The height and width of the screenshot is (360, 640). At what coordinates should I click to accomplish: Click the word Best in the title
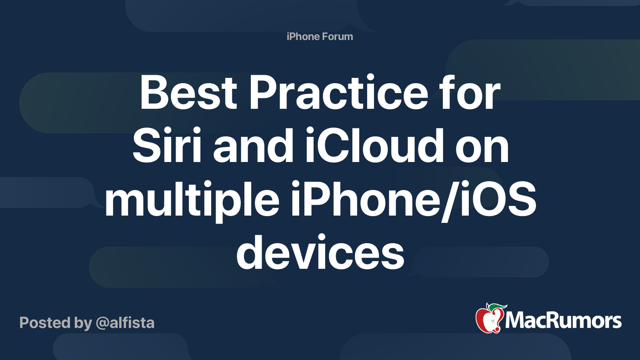click(x=188, y=92)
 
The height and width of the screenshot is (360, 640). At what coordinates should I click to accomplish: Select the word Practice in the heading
click(x=339, y=92)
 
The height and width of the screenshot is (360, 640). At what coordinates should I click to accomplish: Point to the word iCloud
click(x=375, y=146)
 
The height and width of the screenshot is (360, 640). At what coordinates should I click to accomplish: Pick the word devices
click(x=320, y=252)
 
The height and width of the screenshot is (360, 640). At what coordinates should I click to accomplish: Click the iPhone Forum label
click(x=320, y=36)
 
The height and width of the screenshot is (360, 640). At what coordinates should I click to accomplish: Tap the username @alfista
click(x=125, y=322)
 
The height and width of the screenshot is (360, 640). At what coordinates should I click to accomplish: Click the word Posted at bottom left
click(x=45, y=322)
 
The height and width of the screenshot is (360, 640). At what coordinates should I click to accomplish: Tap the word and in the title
click(x=253, y=146)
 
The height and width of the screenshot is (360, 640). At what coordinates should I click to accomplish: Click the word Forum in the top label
click(x=338, y=36)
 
